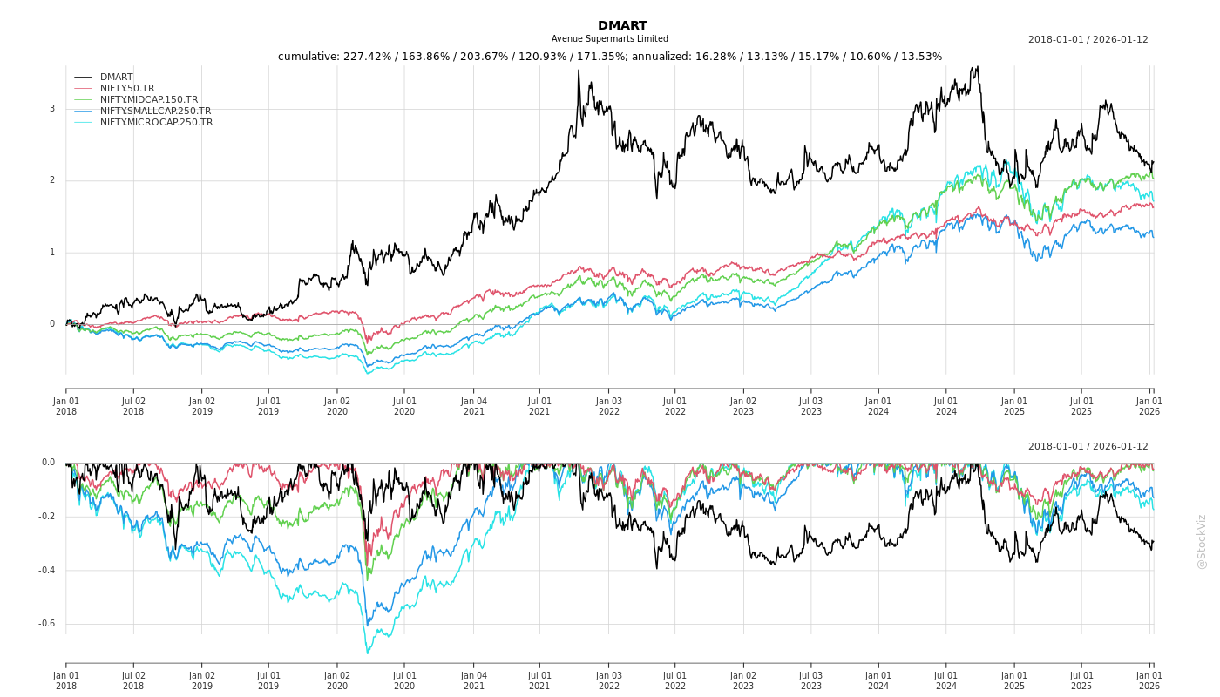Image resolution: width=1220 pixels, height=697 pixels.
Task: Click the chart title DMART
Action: [622, 26]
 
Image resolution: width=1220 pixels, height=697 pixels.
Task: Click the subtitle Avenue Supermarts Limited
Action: [609, 39]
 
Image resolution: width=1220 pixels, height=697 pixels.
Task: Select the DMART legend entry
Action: [116, 78]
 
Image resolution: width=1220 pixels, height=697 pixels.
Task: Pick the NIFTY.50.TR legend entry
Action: [126, 89]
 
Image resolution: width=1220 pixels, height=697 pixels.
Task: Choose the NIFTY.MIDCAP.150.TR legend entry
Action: [148, 100]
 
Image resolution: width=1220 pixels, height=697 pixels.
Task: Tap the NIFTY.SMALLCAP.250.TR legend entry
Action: [155, 112]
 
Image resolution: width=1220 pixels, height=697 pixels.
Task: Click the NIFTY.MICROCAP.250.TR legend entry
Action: [156, 123]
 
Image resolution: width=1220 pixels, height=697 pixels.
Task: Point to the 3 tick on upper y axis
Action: [52, 109]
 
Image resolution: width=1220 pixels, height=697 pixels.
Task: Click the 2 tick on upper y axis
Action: [52, 180]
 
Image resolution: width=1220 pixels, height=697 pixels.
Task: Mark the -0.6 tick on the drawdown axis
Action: [47, 624]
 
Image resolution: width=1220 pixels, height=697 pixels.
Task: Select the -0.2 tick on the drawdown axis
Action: [47, 517]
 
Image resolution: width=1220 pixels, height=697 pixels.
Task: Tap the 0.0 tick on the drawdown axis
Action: [48, 463]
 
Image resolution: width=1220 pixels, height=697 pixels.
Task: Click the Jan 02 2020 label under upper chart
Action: [337, 406]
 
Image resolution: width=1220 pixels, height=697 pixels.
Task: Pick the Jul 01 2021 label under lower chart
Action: [539, 680]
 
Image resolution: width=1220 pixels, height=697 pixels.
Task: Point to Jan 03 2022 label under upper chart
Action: [608, 406]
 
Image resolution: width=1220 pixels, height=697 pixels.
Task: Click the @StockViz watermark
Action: [1202, 541]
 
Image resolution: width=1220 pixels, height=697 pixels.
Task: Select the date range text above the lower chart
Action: [1088, 447]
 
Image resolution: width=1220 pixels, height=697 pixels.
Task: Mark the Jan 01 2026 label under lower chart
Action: [1149, 680]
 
